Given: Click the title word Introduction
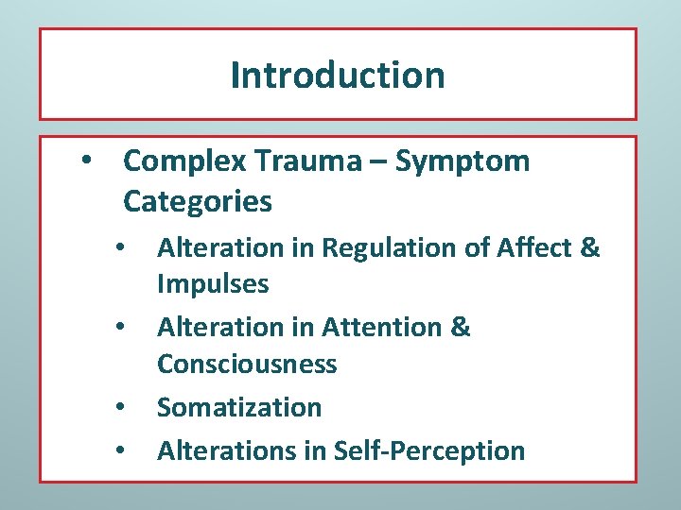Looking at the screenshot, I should [x=337, y=75].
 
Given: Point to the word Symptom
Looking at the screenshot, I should [x=463, y=161].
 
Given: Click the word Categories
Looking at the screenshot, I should [x=198, y=201].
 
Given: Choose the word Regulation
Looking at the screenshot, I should [x=385, y=247].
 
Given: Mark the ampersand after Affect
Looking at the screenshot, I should [x=590, y=247].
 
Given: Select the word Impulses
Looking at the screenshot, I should [x=213, y=283].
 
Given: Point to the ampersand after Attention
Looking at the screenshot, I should [x=461, y=328].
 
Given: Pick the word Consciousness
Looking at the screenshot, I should [x=247, y=364].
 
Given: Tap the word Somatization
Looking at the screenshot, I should [x=239, y=408].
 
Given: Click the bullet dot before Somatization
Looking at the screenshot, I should [x=120, y=408].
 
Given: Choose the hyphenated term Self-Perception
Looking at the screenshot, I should [x=429, y=450].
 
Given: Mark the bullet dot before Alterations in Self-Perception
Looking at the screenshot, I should [x=120, y=450].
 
